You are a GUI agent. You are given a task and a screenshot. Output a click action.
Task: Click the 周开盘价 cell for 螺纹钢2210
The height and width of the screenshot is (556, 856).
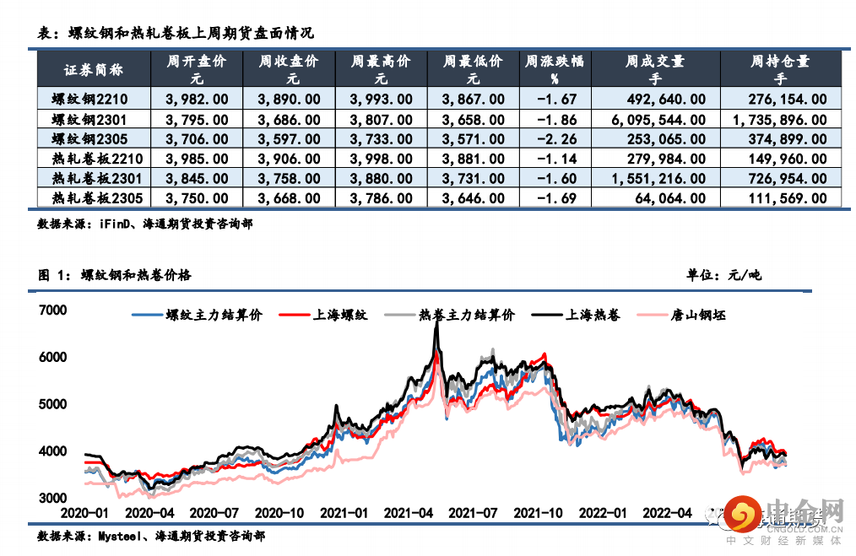(x=196, y=99)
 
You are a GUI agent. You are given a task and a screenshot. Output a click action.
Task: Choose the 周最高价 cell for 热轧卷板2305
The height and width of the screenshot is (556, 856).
(x=382, y=198)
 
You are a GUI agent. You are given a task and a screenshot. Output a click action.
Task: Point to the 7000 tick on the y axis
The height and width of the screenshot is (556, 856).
(x=52, y=310)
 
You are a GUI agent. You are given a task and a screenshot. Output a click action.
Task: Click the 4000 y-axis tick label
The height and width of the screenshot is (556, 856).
(x=52, y=451)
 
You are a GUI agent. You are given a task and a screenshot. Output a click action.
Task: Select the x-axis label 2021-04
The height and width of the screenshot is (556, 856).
(x=409, y=512)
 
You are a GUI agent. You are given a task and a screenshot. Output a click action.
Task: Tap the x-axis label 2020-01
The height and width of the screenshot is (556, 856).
(x=84, y=512)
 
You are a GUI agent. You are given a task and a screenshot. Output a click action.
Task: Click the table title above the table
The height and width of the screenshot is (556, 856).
(x=176, y=34)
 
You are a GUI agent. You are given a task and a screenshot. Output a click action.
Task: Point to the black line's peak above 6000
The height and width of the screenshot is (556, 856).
(x=436, y=323)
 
